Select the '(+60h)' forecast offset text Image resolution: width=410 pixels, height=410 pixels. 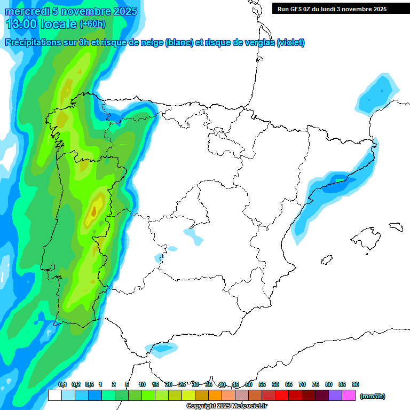tap(92, 23)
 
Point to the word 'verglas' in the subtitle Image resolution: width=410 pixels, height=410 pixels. tap(254, 43)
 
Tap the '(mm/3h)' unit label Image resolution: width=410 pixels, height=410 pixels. tap(373, 396)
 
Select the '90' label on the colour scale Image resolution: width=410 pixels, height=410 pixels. tap(356, 384)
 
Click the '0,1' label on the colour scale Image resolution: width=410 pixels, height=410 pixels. tap(62, 384)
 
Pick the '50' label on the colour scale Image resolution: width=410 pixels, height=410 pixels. tap(249, 384)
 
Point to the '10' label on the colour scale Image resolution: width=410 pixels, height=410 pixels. tap(142, 384)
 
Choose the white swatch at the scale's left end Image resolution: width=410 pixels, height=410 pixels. tap(54, 396)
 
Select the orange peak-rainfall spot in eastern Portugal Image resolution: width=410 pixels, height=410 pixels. tap(94, 211)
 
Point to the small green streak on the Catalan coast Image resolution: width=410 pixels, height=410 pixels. tap(340, 181)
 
